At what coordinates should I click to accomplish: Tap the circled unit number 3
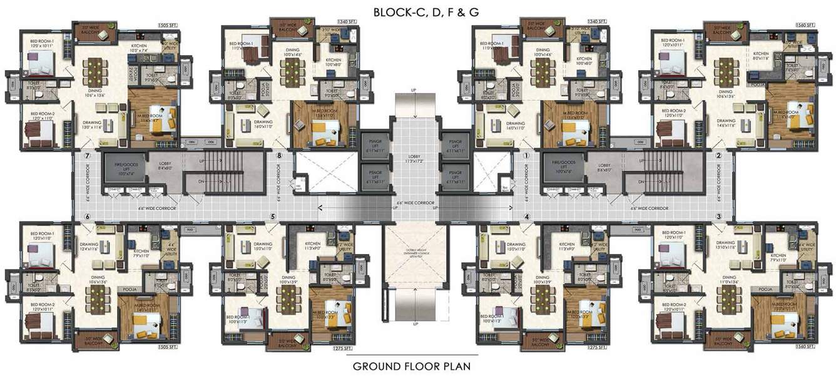coord(719,216)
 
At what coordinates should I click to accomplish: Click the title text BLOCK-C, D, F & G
coord(418,11)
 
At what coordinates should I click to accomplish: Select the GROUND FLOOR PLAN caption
coord(411,365)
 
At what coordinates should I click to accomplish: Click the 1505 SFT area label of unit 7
coord(168,25)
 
